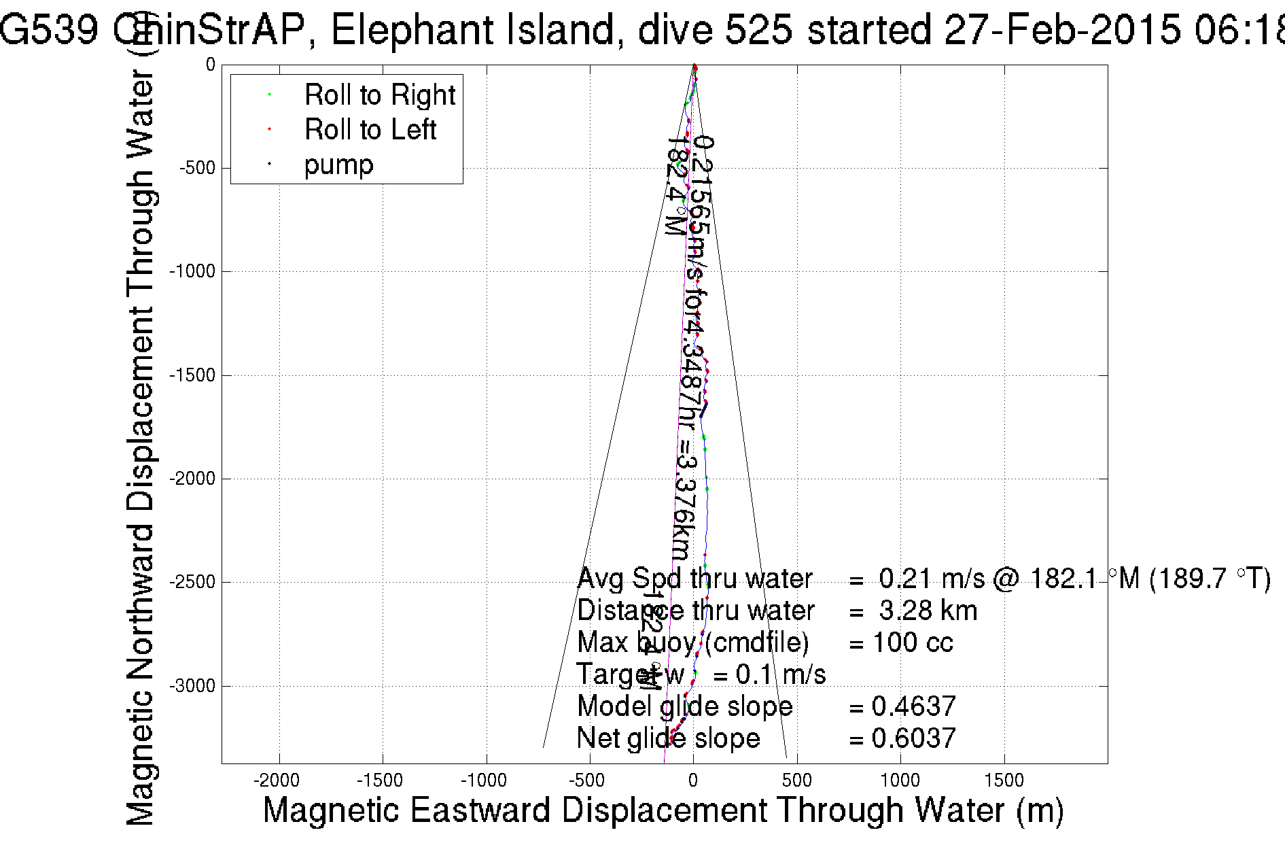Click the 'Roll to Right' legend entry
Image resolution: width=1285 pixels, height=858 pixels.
pyautogui.click(x=379, y=95)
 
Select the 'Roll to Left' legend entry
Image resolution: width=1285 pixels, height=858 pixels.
pyautogui.click(x=370, y=130)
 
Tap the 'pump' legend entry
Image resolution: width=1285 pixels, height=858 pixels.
pyautogui.click(x=338, y=165)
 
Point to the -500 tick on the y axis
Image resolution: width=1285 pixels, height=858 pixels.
pyautogui.click(x=197, y=168)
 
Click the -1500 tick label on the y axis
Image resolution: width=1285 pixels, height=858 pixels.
pyautogui.click(x=192, y=375)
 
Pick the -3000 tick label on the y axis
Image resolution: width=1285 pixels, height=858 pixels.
pyautogui.click(x=192, y=686)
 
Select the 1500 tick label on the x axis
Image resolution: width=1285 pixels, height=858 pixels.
pyautogui.click(x=1004, y=780)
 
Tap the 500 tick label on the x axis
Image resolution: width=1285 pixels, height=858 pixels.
pyautogui.click(x=796, y=780)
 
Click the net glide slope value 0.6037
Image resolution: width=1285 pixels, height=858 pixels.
pyautogui.click(x=913, y=738)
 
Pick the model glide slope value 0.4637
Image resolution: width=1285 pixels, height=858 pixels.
pyautogui.click(x=913, y=706)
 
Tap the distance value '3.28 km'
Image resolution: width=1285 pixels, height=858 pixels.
pyautogui.click(x=928, y=611)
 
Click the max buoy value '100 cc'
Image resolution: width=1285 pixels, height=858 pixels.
pyautogui.click(x=913, y=642)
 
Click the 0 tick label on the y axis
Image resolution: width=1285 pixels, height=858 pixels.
pyautogui.click(x=211, y=65)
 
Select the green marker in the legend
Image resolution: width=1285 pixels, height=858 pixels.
pyautogui.click(x=270, y=95)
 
